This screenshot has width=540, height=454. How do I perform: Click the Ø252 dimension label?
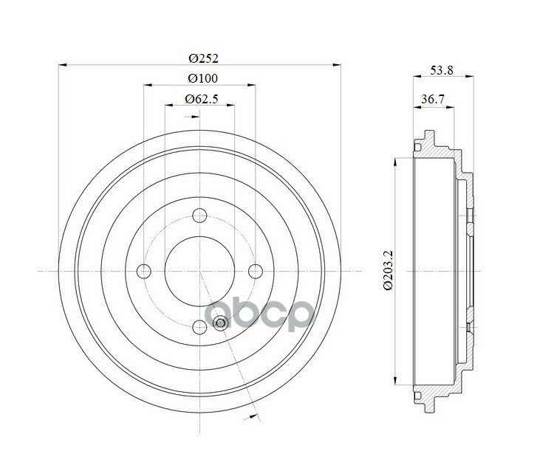click(204, 58)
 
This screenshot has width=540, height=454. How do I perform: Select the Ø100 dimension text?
click(203, 78)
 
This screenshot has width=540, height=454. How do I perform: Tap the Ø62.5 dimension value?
click(202, 99)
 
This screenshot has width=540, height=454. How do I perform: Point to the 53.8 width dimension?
click(442, 70)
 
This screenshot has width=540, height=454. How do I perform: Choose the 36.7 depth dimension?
click(433, 100)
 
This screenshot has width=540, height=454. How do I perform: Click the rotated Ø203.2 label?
click(388, 270)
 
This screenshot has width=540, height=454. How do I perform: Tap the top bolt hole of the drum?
click(199, 216)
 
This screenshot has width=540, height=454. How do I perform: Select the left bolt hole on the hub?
click(144, 271)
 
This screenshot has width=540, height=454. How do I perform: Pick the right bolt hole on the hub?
click(256, 271)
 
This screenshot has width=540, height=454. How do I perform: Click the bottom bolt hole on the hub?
click(199, 327)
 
